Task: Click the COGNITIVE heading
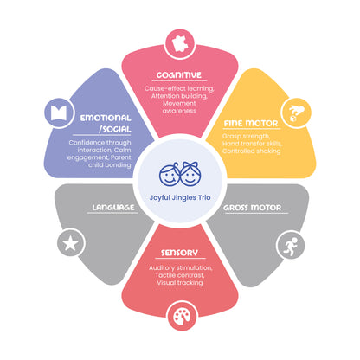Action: [179, 75]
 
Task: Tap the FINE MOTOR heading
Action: [251, 124]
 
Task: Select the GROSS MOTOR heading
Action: [253, 208]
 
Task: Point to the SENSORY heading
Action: [179, 253]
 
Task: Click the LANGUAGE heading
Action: [113, 208]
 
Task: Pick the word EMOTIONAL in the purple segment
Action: [106, 118]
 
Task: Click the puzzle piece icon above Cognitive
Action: [180, 44]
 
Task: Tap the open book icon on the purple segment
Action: [59, 113]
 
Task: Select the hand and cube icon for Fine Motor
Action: [296, 113]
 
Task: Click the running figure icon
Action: [290, 246]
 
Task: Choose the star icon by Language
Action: [71, 244]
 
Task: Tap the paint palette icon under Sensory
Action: [182, 317]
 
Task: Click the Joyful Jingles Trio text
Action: [180, 197]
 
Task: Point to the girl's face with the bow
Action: [190, 174]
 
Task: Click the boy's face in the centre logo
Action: [170, 174]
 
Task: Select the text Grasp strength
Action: [246, 136]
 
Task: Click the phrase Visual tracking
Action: [180, 283]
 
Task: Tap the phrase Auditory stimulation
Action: [181, 268]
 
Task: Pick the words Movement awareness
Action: [179, 107]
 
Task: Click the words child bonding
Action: [110, 165]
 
